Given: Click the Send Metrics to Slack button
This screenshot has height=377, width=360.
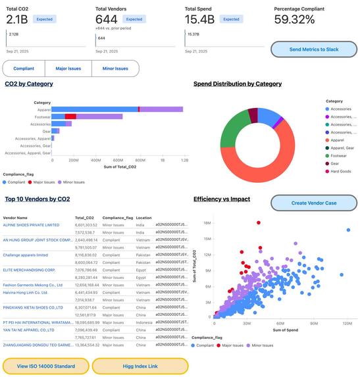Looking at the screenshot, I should click(314, 49).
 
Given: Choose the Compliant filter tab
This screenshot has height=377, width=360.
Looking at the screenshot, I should click(24, 68).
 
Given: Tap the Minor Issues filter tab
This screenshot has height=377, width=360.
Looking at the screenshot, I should click(115, 68).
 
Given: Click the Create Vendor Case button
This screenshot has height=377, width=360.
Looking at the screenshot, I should click(314, 203).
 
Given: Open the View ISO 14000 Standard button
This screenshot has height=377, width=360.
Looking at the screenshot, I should click(45, 366).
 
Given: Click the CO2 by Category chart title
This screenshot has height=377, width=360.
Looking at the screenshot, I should click(29, 84).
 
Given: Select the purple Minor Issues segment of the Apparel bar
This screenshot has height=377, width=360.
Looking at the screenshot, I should click(161, 109).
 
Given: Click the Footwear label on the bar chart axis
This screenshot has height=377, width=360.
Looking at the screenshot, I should click(43, 116).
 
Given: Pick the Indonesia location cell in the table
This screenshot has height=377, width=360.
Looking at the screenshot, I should click(145, 323).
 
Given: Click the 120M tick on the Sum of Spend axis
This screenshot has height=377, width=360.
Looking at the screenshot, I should click(347, 323).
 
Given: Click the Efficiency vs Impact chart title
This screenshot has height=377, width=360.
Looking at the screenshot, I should click(222, 199).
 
